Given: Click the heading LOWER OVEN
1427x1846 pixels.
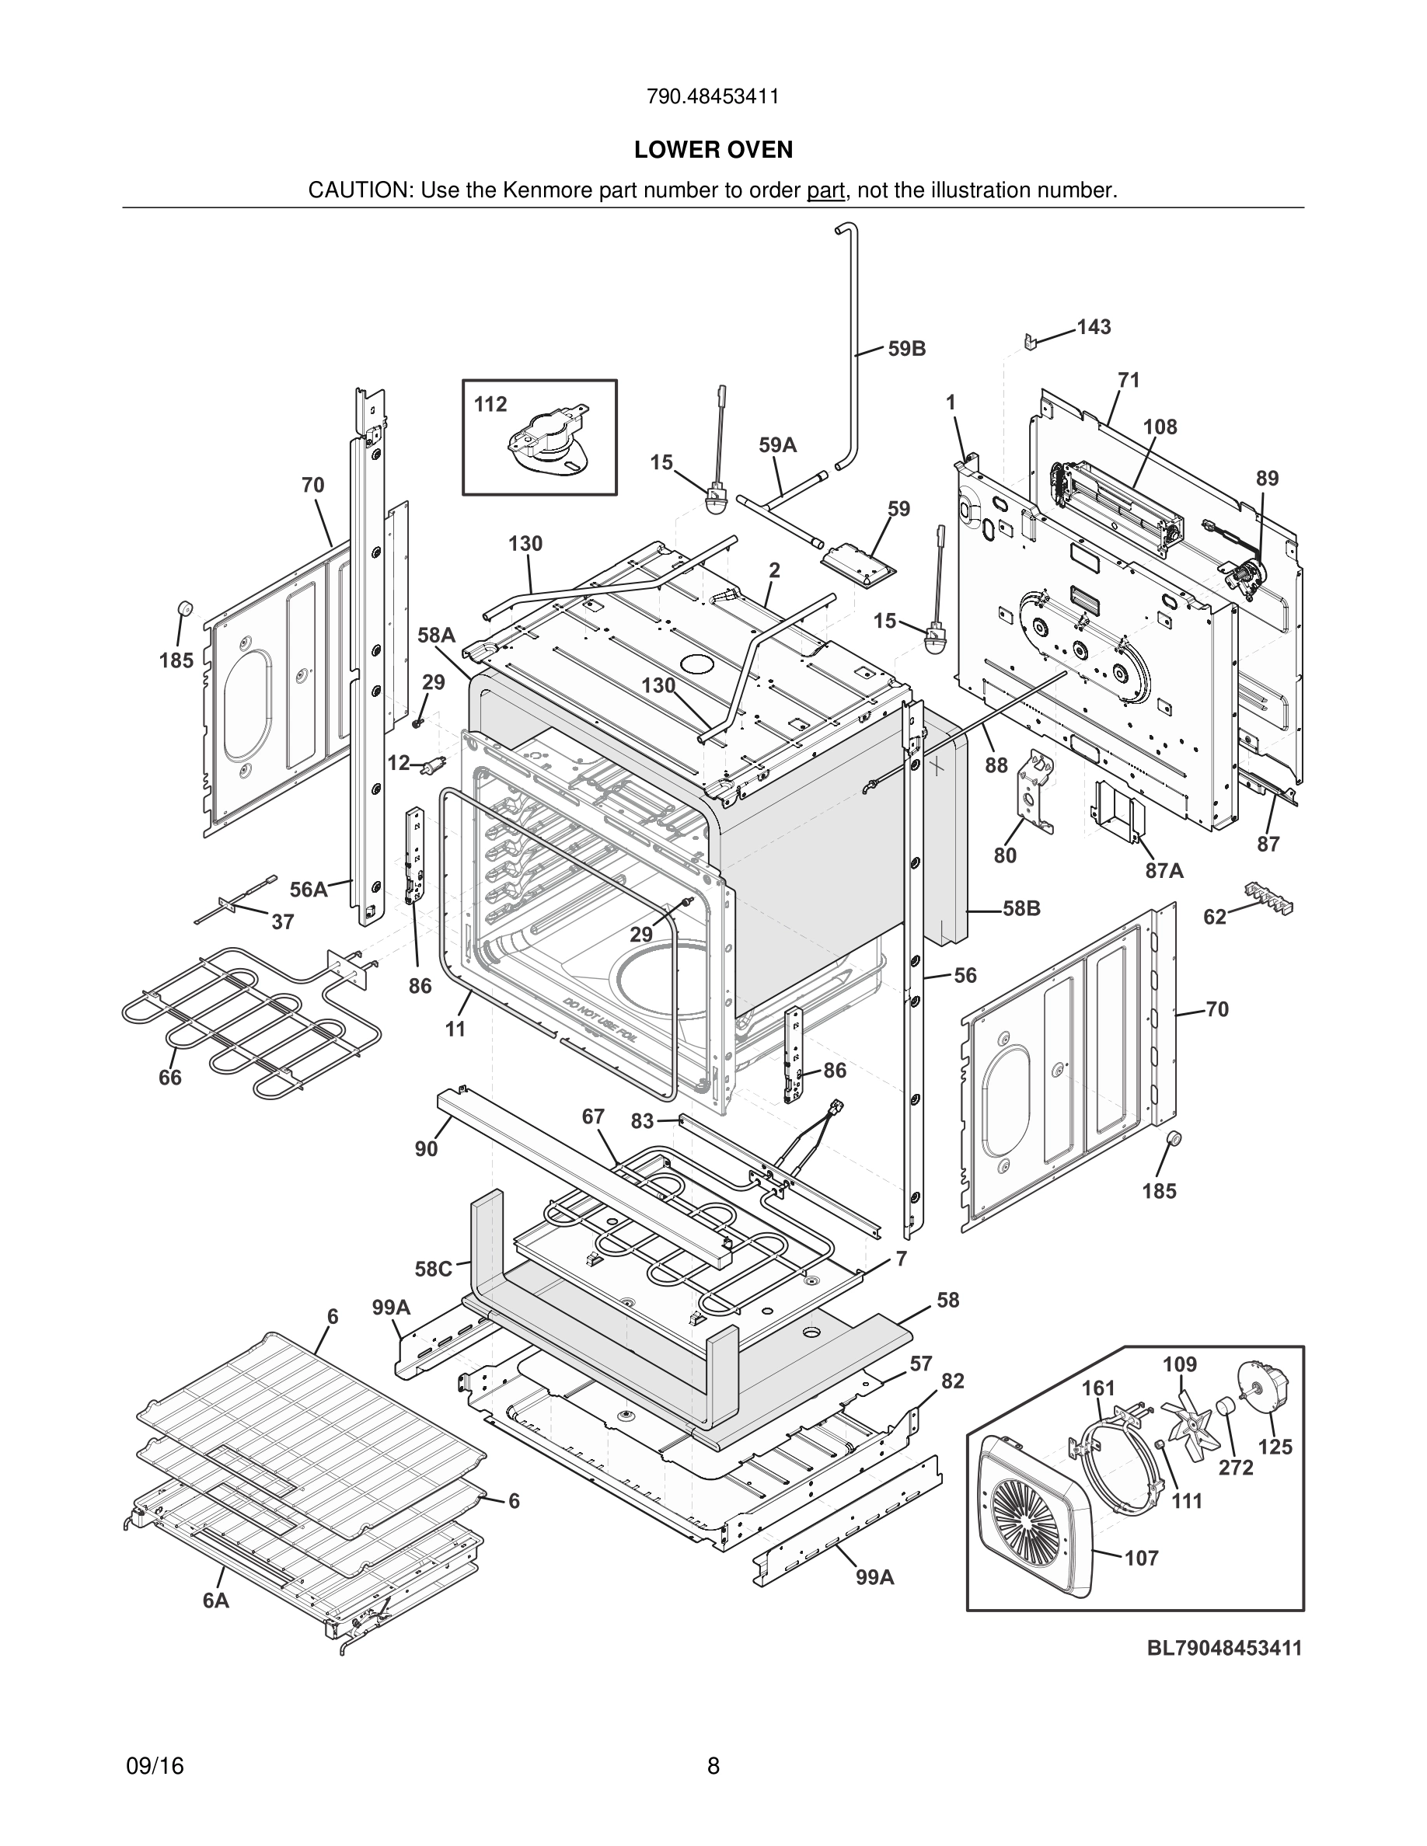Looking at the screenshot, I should pyautogui.click(x=713, y=150).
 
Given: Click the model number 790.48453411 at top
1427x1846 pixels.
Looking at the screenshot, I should pyautogui.click(x=713, y=97).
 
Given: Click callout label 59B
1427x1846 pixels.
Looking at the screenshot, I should pyautogui.click(x=906, y=348).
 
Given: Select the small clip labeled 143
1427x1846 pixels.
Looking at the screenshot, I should pyautogui.click(x=1029, y=342).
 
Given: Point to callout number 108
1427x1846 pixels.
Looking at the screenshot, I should pyautogui.click(x=1160, y=427).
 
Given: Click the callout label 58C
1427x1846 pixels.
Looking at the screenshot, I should pyautogui.click(x=433, y=1269).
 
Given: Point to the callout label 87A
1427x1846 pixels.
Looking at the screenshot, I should pyautogui.click(x=1164, y=871).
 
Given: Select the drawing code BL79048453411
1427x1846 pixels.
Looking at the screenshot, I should pyautogui.click(x=1224, y=1647).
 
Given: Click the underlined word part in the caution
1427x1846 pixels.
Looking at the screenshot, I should pyautogui.click(x=825, y=191).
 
